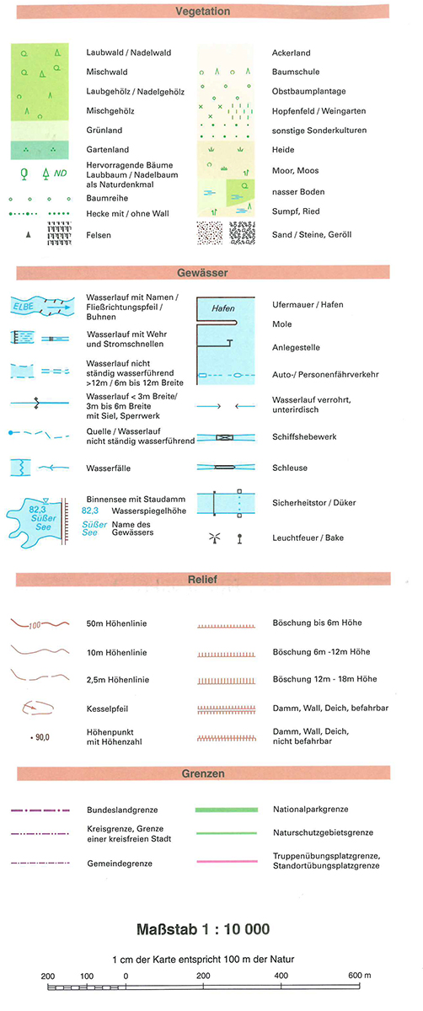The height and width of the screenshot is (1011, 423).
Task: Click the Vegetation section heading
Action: (x=203, y=11)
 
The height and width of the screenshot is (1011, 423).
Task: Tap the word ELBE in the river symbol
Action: (x=23, y=307)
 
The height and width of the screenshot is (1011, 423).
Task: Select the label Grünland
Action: (x=104, y=130)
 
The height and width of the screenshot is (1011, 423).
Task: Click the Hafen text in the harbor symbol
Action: (x=223, y=308)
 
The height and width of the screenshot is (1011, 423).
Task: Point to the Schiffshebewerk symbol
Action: (x=225, y=437)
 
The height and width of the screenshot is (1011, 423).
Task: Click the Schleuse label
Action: (x=289, y=468)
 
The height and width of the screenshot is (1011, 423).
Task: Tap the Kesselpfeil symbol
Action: (x=38, y=707)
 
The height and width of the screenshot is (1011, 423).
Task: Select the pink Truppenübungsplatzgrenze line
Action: (x=227, y=861)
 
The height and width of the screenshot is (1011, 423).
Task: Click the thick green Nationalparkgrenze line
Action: (x=226, y=810)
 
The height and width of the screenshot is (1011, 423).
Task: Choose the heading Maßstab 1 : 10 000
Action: (x=203, y=929)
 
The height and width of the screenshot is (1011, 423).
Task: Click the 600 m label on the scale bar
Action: (x=359, y=975)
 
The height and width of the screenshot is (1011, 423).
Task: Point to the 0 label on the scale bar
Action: (x=126, y=976)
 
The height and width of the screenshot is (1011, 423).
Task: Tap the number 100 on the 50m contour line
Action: (x=35, y=625)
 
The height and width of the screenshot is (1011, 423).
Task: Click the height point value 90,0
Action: (x=42, y=737)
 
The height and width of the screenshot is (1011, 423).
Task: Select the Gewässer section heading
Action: (x=202, y=273)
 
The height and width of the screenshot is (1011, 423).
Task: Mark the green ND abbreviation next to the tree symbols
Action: (x=60, y=174)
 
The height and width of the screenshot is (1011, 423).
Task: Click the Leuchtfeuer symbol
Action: (x=215, y=538)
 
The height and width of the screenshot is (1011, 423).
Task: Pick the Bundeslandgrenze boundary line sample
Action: (x=40, y=810)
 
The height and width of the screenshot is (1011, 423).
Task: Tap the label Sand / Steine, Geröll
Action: (x=312, y=234)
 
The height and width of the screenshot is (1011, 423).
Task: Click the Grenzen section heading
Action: (x=203, y=773)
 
